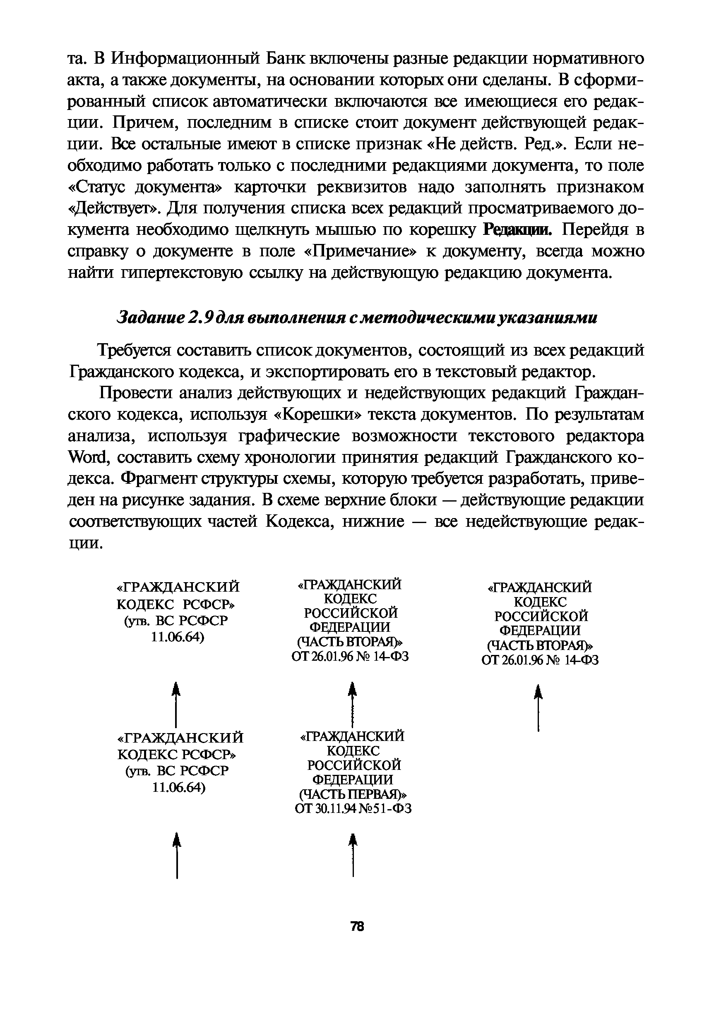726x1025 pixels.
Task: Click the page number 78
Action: [x=358, y=927]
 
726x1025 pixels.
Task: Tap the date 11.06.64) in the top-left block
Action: [x=178, y=636]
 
